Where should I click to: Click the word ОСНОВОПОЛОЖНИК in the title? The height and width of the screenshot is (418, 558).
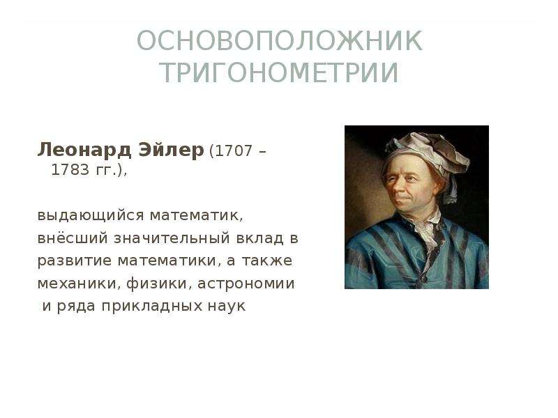click(280, 41)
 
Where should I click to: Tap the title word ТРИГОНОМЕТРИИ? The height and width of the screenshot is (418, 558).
click(280, 72)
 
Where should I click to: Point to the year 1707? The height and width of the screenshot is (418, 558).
click(234, 151)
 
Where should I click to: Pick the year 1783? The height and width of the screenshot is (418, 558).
click(70, 170)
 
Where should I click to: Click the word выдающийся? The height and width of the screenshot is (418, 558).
click(91, 216)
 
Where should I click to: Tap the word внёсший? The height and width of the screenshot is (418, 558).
click(73, 238)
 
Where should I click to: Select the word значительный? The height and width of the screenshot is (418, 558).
click(172, 238)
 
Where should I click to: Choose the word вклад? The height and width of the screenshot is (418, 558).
click(260, 238)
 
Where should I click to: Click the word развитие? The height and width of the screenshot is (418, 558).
click(75, 261)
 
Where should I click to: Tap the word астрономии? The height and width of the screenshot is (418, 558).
click(246, 284)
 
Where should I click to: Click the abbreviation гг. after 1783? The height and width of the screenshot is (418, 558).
click(106, 171)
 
